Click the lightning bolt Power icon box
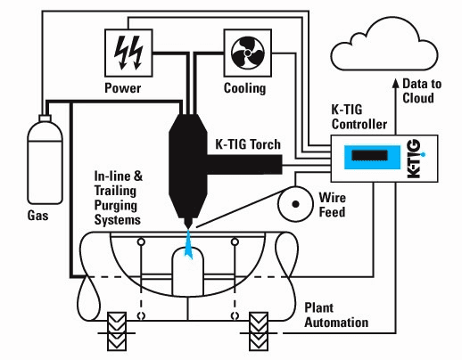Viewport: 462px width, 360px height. click(x=128, y=53)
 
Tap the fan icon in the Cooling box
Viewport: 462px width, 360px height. click(x=248, y=53)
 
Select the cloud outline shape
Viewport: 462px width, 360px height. click(x=384, y=45)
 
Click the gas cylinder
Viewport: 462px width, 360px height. click(x=45, y=160)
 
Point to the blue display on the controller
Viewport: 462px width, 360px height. click(x=372, y=157)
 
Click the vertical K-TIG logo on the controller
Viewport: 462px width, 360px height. click(x=416, y=159)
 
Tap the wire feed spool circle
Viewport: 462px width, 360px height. click(x=295, y=204)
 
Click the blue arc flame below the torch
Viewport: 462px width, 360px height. click(x=188, y=243)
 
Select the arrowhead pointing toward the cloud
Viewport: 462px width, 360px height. click(x=395, y=83)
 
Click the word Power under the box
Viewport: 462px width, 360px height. click(x=123, y=88)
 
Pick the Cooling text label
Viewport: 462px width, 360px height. click(x=244, y=88)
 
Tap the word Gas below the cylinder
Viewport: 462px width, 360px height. click(x=37, y=216)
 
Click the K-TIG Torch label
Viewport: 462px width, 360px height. click(x=248, y=144)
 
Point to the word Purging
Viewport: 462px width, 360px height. click(x=116, y=206)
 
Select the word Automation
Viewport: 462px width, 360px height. click(x=336, y=323)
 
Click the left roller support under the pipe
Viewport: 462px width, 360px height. click(x=117, y=331)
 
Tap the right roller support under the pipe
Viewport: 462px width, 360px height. click(x=259, y=331)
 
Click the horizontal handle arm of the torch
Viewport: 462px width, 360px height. click(x=244, y=165)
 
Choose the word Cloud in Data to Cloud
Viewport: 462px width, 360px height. click(x=418, y=98)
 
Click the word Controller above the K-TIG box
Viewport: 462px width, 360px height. click(x=359, y=124)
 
